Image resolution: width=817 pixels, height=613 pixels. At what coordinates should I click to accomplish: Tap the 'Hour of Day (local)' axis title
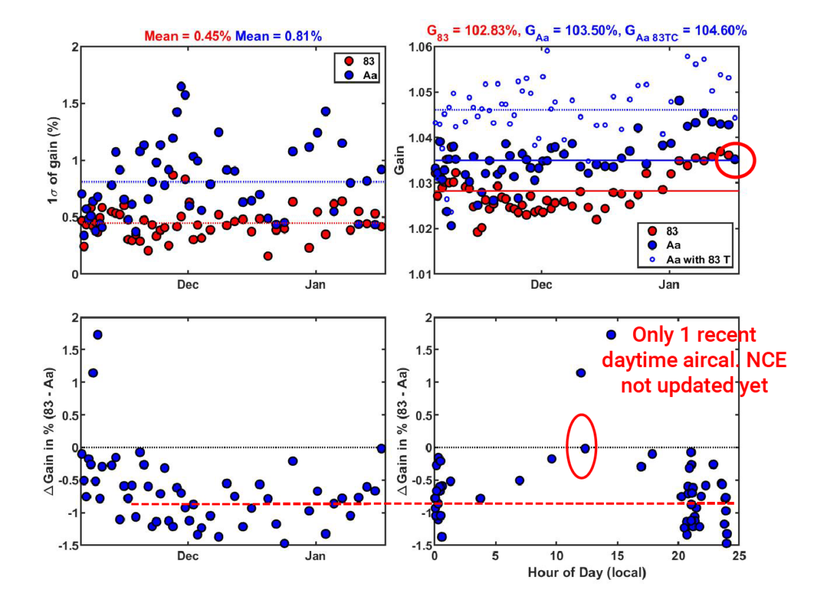[586, 573]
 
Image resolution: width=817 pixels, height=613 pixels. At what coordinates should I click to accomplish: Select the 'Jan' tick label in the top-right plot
[669, 285]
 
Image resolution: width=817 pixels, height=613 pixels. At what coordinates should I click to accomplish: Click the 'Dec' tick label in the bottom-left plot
[188, 556]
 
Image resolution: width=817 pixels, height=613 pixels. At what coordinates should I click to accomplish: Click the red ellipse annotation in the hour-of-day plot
[582, 446]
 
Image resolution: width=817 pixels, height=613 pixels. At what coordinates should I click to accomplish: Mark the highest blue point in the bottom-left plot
[97, 334]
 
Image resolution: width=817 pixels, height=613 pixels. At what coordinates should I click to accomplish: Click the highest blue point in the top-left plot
[181, 87]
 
